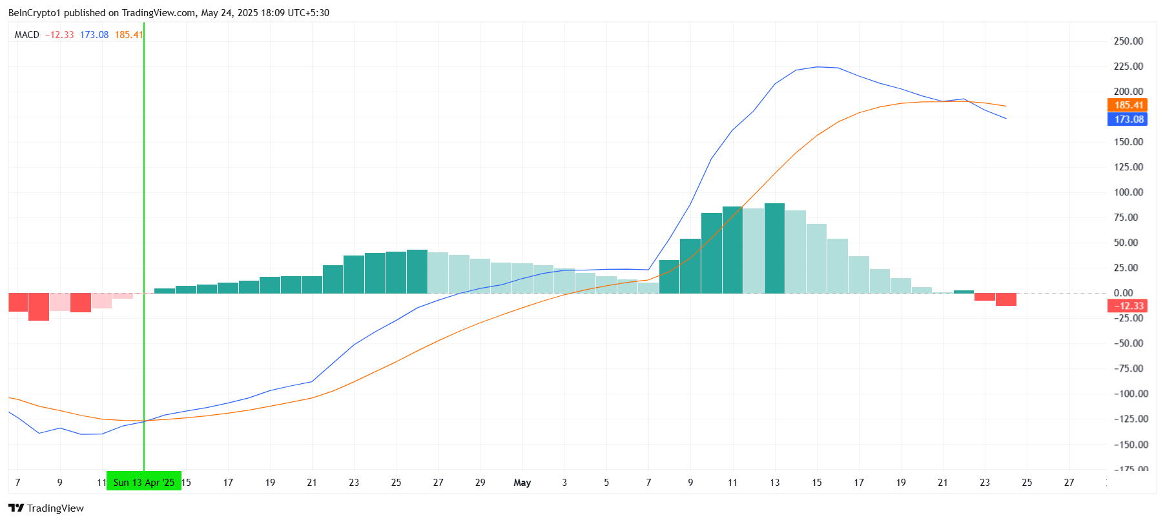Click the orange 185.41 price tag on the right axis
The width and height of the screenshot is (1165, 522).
click(1127, 105)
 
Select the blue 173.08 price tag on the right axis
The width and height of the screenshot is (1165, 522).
click(1127, 119)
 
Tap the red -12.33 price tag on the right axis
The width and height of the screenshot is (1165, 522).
click(1127, 306)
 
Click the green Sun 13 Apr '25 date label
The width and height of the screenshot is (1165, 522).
click(143, 482)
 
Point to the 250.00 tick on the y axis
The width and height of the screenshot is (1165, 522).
click(1128, 41)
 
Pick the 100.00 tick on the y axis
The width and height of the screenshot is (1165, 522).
click(1128, 192)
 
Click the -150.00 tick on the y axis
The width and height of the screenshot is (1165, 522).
click(1128, 445)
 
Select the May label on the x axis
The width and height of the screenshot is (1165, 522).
click(522, 483)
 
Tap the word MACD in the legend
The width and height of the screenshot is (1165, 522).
click(27, 35)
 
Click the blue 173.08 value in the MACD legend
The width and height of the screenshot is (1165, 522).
click(94, 35)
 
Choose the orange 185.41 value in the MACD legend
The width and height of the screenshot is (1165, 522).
click(129, 35)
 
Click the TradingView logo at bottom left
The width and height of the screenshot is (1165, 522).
click(46, 508)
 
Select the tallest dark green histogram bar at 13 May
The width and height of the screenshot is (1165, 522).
click(774, 248)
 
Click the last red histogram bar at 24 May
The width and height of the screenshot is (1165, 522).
click(1005, 299)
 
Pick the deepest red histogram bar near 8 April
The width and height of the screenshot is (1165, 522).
click(39, 306)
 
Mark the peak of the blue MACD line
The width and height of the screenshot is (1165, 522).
click(817, 67)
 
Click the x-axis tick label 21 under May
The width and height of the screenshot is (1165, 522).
click(943, 483)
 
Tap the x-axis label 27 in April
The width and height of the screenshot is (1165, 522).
click(438, 483)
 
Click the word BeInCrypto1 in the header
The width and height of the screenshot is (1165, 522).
click(34, 13)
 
